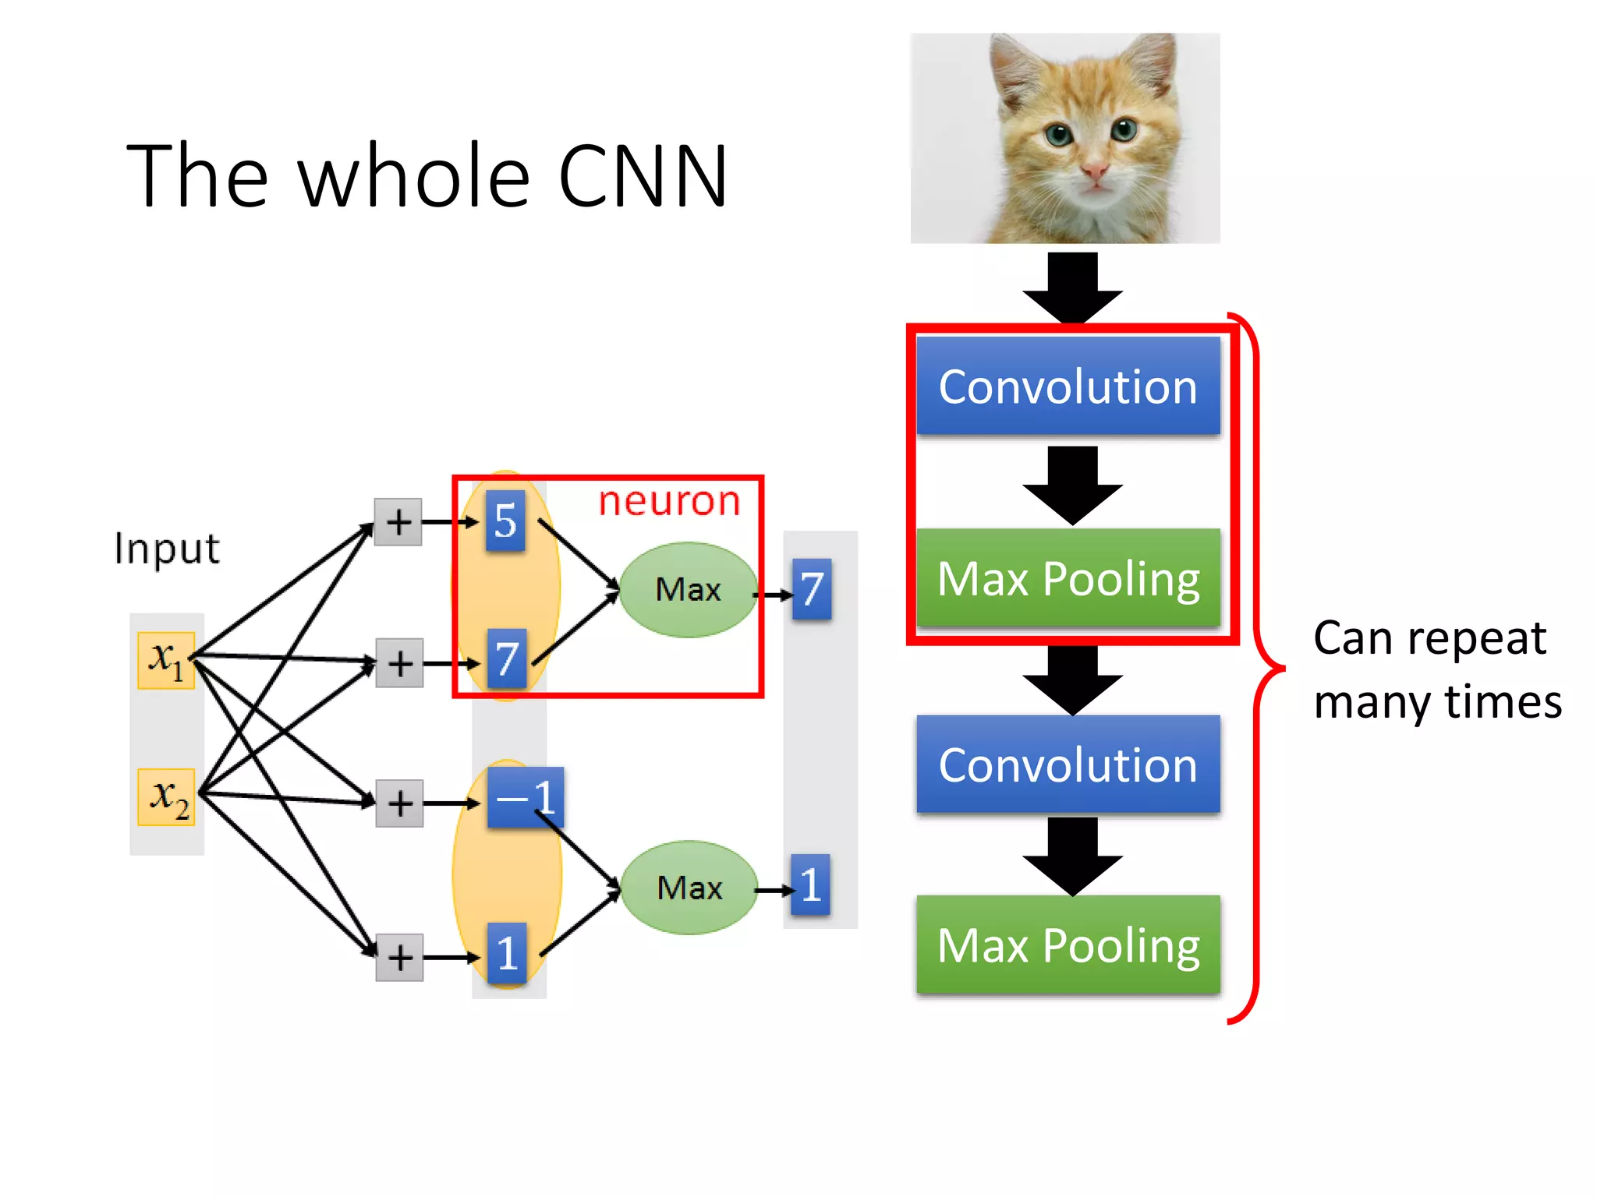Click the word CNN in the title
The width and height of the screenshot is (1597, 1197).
pyautogui.click(x=643, y=178)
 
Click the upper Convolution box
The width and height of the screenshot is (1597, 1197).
pyautogui.click(x=1068, y=387)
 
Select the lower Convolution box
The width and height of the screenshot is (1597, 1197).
pyautogui.click(x=1068, y=764)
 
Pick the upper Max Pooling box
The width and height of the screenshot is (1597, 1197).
pyautogui.click(x=1068, y=578)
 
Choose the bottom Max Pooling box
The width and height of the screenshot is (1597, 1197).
pyautogui.click(x=1068, y=945)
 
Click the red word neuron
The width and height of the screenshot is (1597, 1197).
pyautogui.click(x=669, y=501)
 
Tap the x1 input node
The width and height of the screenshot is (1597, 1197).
pyautogui.click(x=166, y=660)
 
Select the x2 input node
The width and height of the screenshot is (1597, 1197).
pyautogui.click(x=166, y=796)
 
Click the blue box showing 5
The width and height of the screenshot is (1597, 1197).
pyautogui.click(x=505, y=521)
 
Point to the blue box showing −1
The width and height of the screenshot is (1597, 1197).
pyautogui.click(x=525, y=797)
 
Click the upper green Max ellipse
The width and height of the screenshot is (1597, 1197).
pyautogui.click(x=688, y=590)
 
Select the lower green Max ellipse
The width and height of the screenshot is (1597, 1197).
pyautogui.click(x=689, y=888)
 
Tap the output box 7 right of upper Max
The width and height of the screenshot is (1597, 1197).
pyautogui.click(x=811, y=589)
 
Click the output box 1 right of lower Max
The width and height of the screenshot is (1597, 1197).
pyautogui.click(x=810, y=885)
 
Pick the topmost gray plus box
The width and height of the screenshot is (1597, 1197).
pyautogui.click(x=398, y=522)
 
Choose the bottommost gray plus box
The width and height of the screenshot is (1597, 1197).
pyautogui.click(x=399, y=957)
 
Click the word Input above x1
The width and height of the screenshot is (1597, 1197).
pyautogui.click(x=167, y=549)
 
